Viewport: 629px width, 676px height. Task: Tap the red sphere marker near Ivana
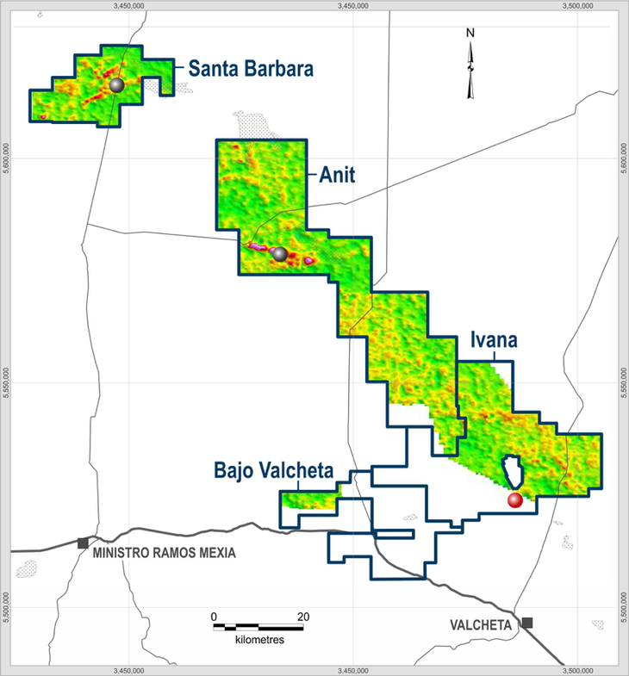(x=515, y=500)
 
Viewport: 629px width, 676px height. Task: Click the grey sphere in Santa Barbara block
(x=115, y=84)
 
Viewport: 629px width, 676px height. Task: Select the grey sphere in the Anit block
(x=279, y=254)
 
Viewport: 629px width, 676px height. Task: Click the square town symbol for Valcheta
(x=526, y=623)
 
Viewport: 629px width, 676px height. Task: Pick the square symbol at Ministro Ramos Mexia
(x=83, y=543)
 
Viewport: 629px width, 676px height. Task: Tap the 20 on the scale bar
(x=303, y=617)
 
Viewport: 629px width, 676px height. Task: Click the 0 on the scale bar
(x=214, y=617)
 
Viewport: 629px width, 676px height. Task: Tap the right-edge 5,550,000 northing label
(x=622, y=381)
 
